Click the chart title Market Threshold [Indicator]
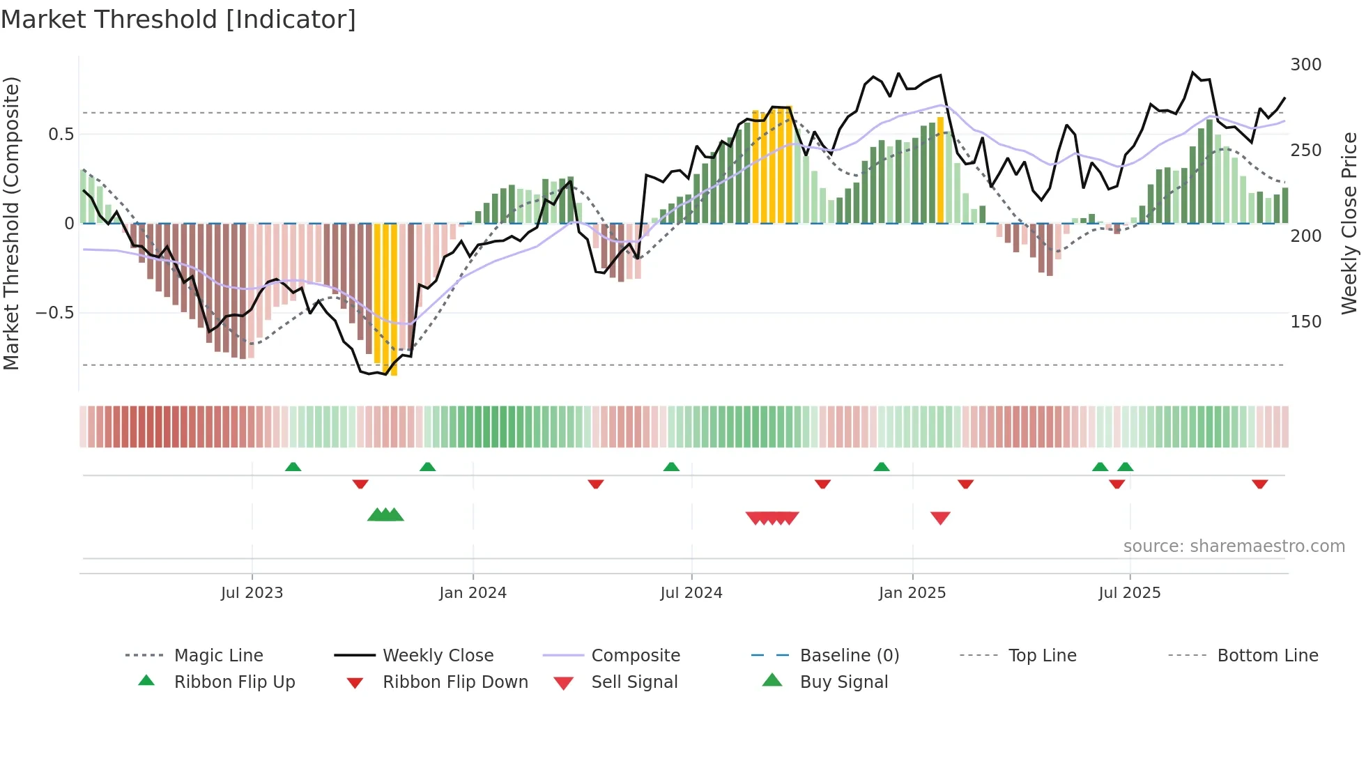(178, 20)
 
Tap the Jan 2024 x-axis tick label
(473, 593)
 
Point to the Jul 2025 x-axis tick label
(1129, 593)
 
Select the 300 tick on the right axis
(1305, 65)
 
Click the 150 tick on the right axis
(1305, 322)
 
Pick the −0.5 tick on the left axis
(55, 313)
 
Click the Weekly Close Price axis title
(1349, 223)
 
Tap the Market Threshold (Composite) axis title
(11, 223)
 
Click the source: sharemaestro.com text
(1234, 546)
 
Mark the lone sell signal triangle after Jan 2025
(940, 518)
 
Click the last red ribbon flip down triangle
(1259, 484)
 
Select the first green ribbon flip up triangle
(293, 467)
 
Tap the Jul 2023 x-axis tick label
(252, 593)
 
